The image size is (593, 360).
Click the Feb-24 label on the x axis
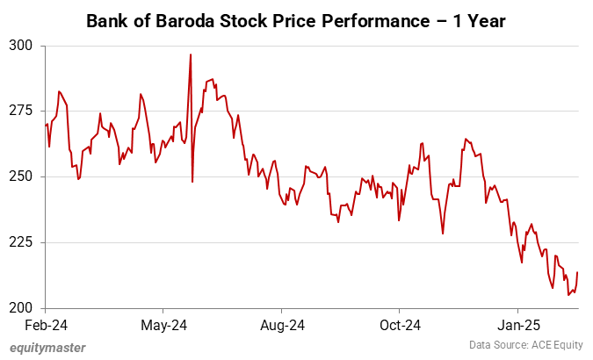(x=46, y=325)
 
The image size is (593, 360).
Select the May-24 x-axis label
(x=164, y=325)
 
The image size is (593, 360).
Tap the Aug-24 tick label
(x=283, y=325)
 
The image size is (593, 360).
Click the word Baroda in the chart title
(x=177, y=18)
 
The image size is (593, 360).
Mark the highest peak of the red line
(x=191, y=54)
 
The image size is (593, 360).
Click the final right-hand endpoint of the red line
(x=577, y=272)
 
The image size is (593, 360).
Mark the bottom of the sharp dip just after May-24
(x=192, y=182)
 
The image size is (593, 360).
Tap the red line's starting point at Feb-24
(x=45, y=125)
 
